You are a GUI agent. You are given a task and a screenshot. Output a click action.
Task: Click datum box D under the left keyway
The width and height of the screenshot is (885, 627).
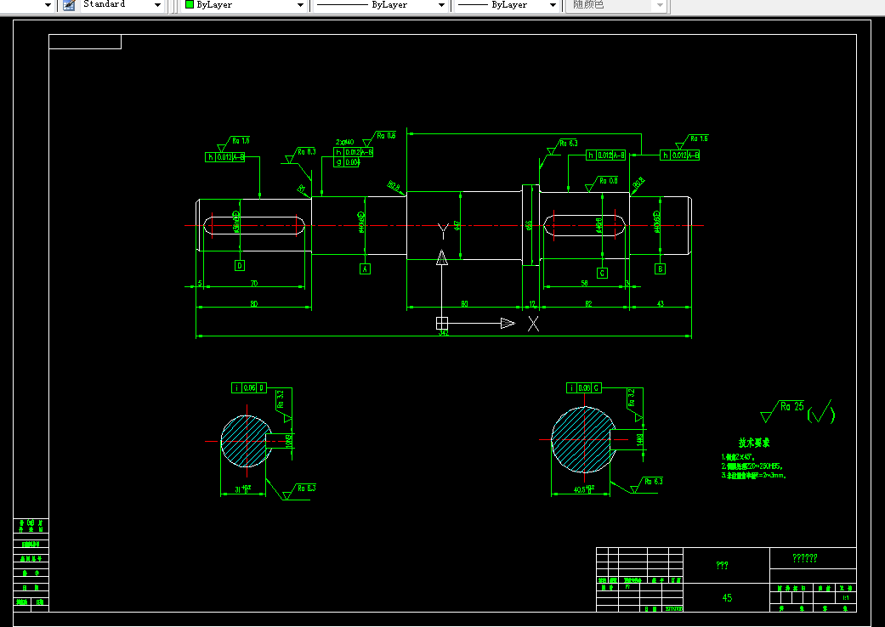coord(240,265)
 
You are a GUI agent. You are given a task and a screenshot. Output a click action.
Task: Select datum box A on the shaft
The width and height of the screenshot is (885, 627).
coord(366,268)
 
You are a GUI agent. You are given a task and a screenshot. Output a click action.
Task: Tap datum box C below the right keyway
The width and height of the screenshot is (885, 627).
coord(602,273)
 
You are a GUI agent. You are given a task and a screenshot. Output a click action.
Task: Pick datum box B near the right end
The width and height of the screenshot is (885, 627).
coord(660,269)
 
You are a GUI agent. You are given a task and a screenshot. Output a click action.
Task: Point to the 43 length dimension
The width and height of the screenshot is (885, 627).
coord(660,303)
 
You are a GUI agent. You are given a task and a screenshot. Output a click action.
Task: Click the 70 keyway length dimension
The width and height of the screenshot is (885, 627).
coord(253,284)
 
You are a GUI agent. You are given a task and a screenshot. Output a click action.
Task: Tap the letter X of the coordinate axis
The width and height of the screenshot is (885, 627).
coord(533,323)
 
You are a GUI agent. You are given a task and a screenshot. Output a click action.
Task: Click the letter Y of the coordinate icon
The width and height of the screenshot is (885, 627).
coord(442,230)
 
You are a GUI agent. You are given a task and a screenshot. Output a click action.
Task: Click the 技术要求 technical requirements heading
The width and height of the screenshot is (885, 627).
coord(753,443)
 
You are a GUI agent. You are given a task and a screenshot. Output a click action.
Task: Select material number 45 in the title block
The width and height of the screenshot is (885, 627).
coord(727,597)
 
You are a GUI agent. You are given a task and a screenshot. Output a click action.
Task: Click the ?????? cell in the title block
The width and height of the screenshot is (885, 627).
coord(804,558)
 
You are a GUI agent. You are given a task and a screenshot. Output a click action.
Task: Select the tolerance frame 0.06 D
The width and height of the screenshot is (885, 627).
coord(249,388)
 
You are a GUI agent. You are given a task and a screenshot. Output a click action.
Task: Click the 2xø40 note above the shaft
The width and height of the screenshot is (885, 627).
coord(344,142)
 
